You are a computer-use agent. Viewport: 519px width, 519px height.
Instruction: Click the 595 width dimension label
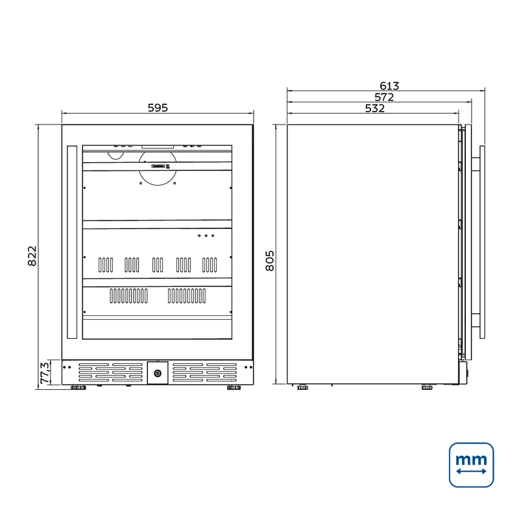pos(158,108)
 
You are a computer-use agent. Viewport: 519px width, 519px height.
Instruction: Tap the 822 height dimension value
pos(32,256)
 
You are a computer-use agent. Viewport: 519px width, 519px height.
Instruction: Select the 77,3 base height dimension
pos(45,372)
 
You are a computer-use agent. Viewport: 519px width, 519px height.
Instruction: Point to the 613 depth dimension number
pos(389,86)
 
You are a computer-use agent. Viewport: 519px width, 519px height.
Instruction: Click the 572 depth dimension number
pos(384,97)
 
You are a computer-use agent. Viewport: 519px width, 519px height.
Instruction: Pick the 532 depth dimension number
pos(375,108)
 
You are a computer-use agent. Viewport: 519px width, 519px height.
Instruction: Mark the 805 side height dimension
pos(270,261)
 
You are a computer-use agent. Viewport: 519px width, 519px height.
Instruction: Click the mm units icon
pos(472,465)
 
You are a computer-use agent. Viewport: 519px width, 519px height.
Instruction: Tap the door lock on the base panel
pos(158,374)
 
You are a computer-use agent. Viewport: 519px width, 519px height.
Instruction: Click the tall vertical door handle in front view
pos(72,242)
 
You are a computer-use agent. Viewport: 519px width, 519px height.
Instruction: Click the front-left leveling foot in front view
pos(78,387)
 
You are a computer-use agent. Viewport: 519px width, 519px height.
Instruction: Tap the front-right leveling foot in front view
pos(234,387)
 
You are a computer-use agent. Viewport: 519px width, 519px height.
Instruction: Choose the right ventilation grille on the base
pos(205,372)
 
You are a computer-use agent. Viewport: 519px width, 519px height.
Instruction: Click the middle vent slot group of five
pos(158,265)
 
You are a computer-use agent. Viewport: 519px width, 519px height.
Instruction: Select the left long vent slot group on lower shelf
pos(128,296)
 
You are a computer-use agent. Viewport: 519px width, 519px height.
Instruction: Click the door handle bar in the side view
pos(482,242)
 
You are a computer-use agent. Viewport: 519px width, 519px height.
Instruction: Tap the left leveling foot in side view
pos(302,387)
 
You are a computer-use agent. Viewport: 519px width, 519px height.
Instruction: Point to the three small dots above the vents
pos(206,235)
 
